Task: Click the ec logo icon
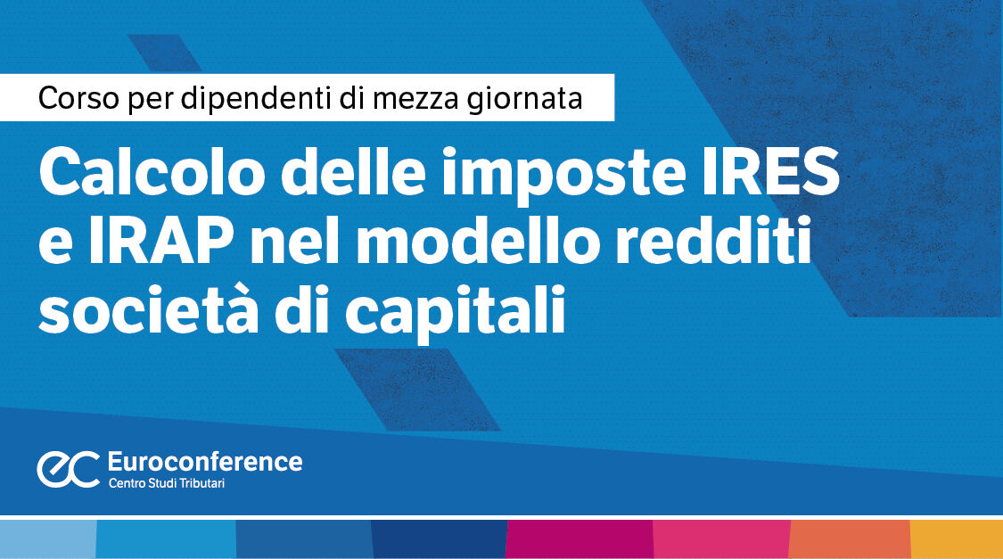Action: pos(68,469)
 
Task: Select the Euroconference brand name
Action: pos(204,461)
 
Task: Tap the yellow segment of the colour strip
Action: pos(956,538)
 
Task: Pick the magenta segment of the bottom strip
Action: pos(579,538)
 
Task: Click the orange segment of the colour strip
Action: pos(850,538)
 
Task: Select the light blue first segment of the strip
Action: pos(47,538)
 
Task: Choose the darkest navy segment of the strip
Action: pos(439,538)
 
